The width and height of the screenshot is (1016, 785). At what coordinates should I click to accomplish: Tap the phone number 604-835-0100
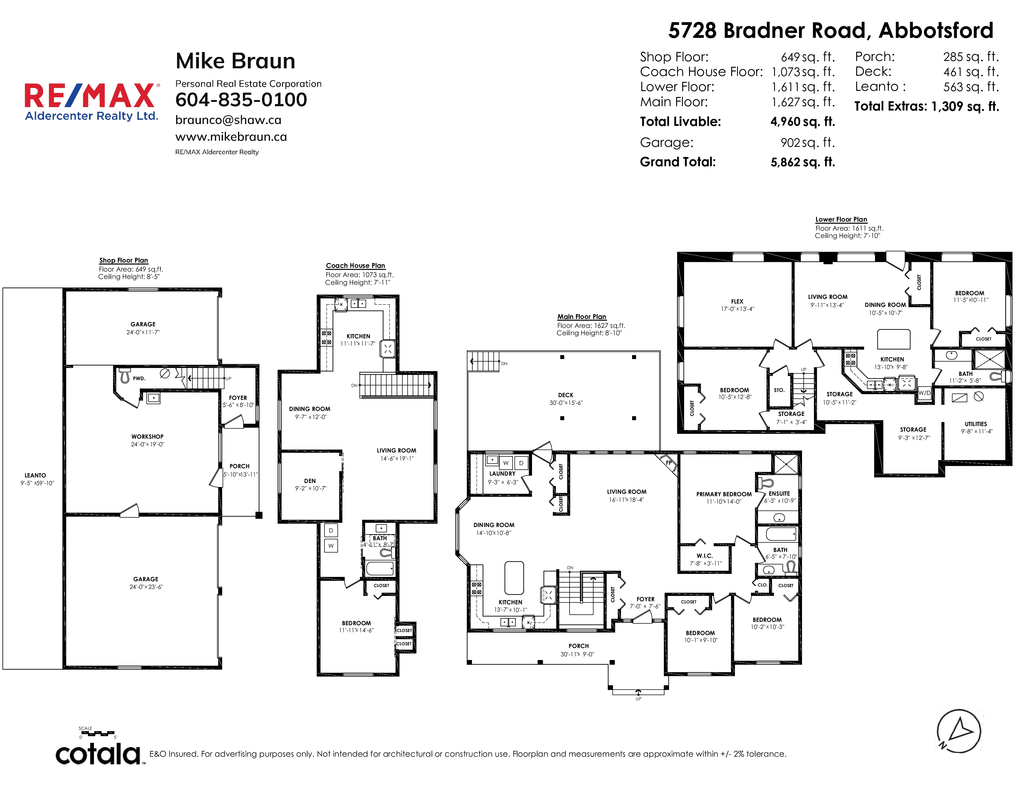241,99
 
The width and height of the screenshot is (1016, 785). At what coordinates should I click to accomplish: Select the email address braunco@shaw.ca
228,120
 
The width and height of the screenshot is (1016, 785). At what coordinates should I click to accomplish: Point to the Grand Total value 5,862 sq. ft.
802,162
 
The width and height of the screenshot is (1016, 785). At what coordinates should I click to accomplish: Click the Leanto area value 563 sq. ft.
971,87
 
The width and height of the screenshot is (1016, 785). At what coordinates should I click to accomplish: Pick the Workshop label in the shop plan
147,437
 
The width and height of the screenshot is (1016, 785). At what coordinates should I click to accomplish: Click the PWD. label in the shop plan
139,379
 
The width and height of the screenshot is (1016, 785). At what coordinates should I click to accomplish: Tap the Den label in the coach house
310,481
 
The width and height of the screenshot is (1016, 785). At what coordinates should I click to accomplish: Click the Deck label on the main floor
566,395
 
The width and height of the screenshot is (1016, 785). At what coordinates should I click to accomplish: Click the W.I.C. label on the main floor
705,556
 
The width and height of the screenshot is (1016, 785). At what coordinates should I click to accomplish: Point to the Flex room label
737,301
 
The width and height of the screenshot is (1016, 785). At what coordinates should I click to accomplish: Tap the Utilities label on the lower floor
976,424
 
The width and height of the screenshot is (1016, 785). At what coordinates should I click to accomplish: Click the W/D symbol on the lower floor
924,393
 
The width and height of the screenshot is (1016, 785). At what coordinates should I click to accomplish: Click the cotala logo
99,754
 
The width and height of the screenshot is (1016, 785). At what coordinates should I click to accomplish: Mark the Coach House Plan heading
355,266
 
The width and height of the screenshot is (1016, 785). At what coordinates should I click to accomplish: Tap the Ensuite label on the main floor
779,493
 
